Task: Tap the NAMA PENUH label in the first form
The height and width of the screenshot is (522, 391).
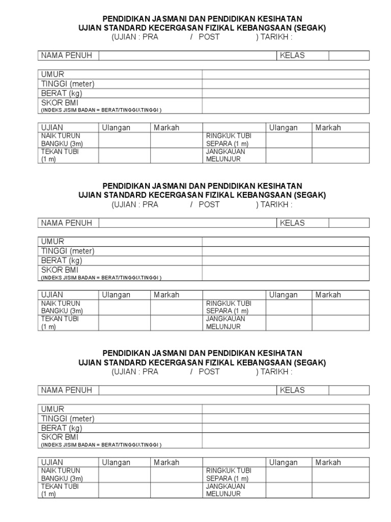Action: (67, 56)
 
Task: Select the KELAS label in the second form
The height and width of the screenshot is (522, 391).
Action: (292, 223)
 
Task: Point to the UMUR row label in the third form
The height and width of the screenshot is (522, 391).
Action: (52, 409)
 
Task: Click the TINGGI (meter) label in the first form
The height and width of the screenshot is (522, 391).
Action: (68, 84)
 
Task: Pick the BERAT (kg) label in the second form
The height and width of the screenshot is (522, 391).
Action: (61, 260)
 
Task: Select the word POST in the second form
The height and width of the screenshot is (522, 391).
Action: (209, 204)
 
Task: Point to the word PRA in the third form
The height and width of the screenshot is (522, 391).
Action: (150, 372)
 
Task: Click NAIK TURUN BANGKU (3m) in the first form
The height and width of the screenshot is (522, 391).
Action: (62, 139)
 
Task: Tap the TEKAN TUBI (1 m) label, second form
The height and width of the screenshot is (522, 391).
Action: (60, 323)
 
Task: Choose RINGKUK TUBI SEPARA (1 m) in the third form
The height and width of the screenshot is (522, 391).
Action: (229, 474)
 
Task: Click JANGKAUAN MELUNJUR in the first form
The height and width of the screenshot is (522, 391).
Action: (226, 155)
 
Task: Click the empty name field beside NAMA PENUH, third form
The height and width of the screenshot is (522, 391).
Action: (187, 390)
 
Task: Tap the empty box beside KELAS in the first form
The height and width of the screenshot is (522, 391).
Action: (349, 56)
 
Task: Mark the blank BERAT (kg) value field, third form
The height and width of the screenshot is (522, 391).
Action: (286, 428)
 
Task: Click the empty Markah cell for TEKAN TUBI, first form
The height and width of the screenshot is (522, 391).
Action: (176, 155)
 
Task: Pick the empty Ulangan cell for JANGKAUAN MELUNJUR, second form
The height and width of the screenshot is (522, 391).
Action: (289, 323)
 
